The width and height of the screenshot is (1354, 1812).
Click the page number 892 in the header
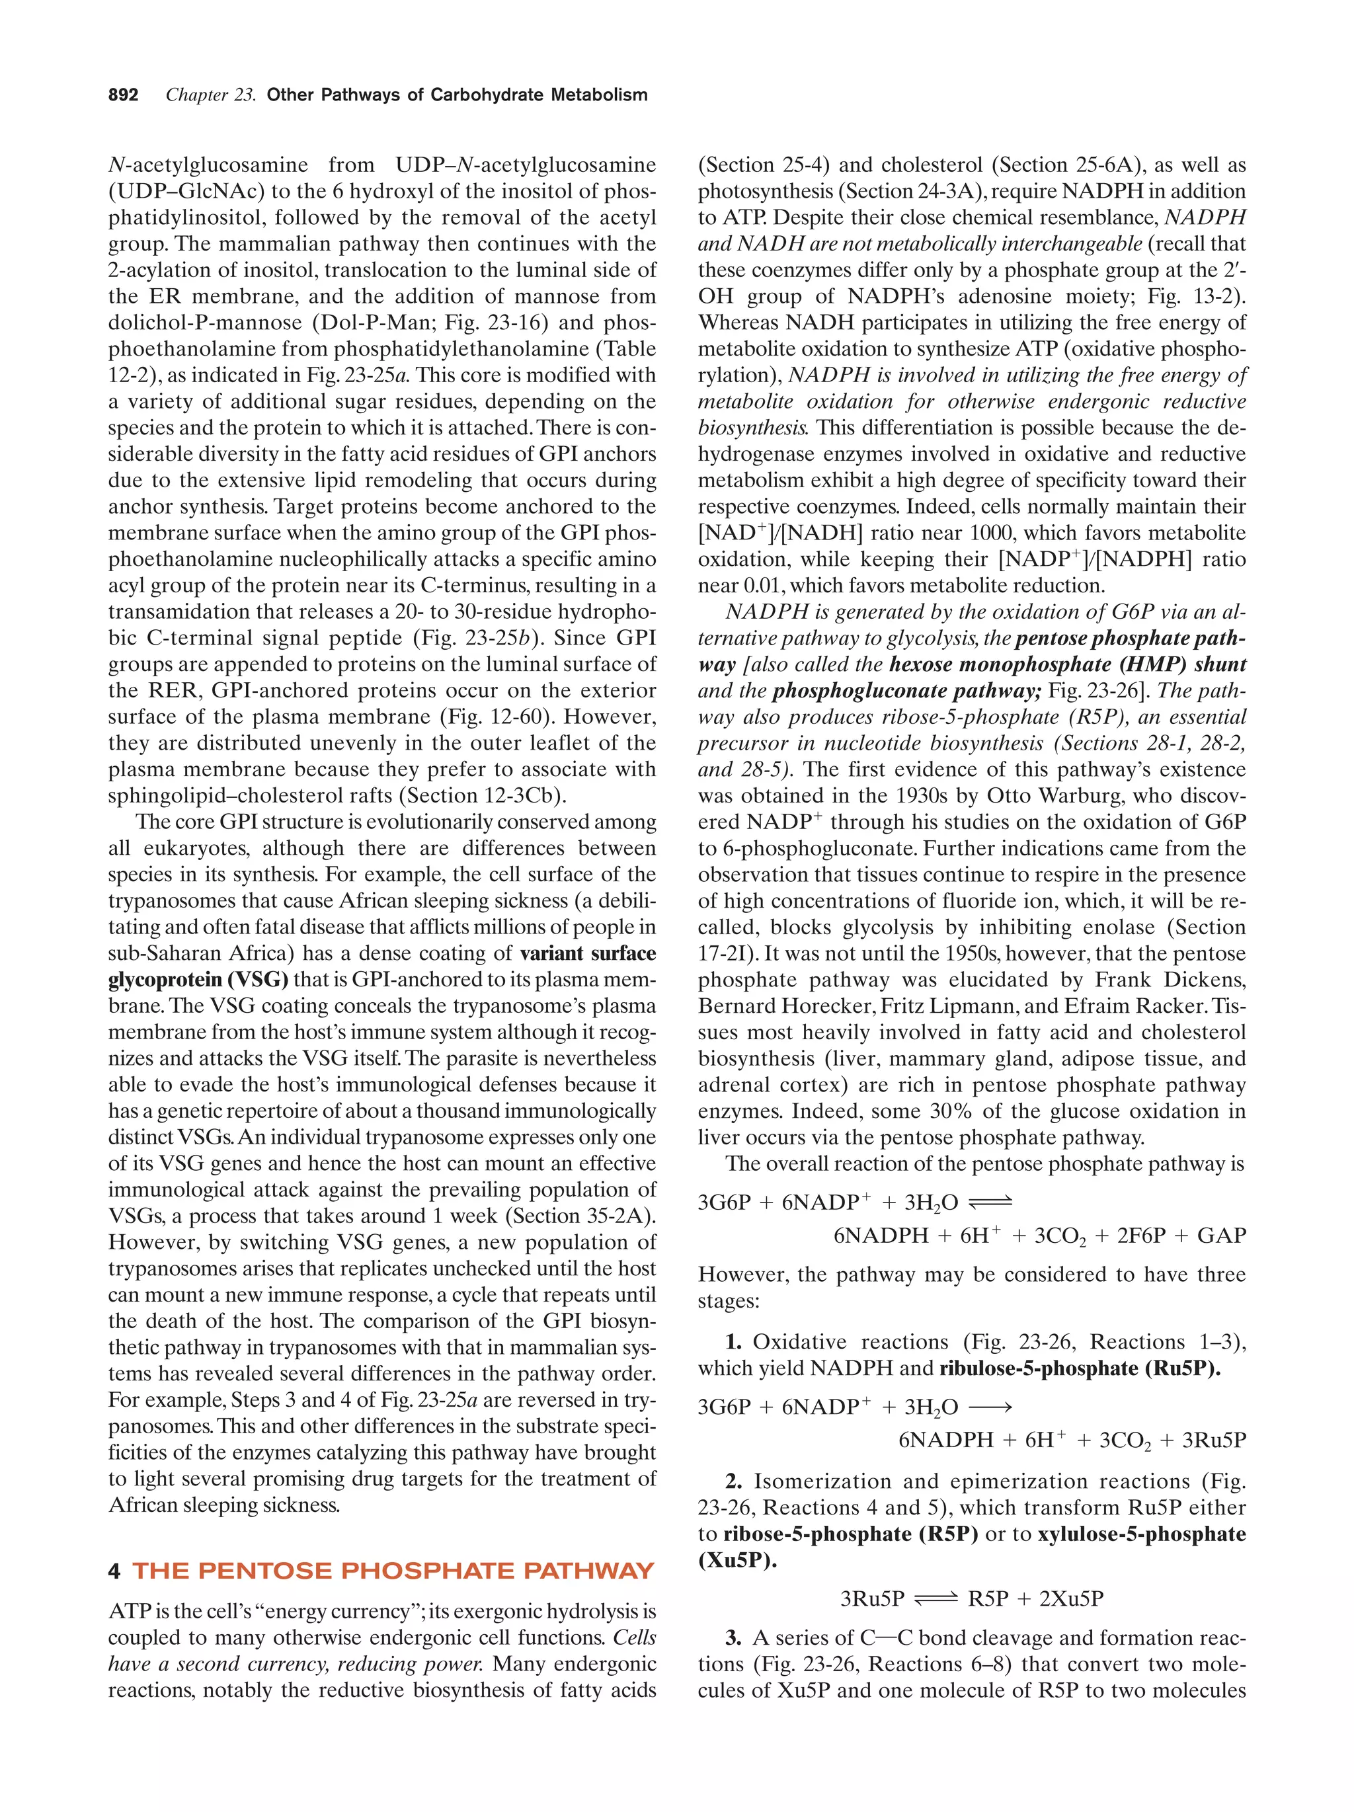[x=123, y=95]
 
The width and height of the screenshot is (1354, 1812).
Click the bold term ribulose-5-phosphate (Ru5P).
[x=1079, y=1369]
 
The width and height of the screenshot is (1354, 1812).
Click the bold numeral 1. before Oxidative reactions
[x=733, y=1343]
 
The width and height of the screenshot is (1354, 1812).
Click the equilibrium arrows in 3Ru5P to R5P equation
[x=936, y=1599]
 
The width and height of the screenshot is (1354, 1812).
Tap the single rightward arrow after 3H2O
[x=990, y=1408]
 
